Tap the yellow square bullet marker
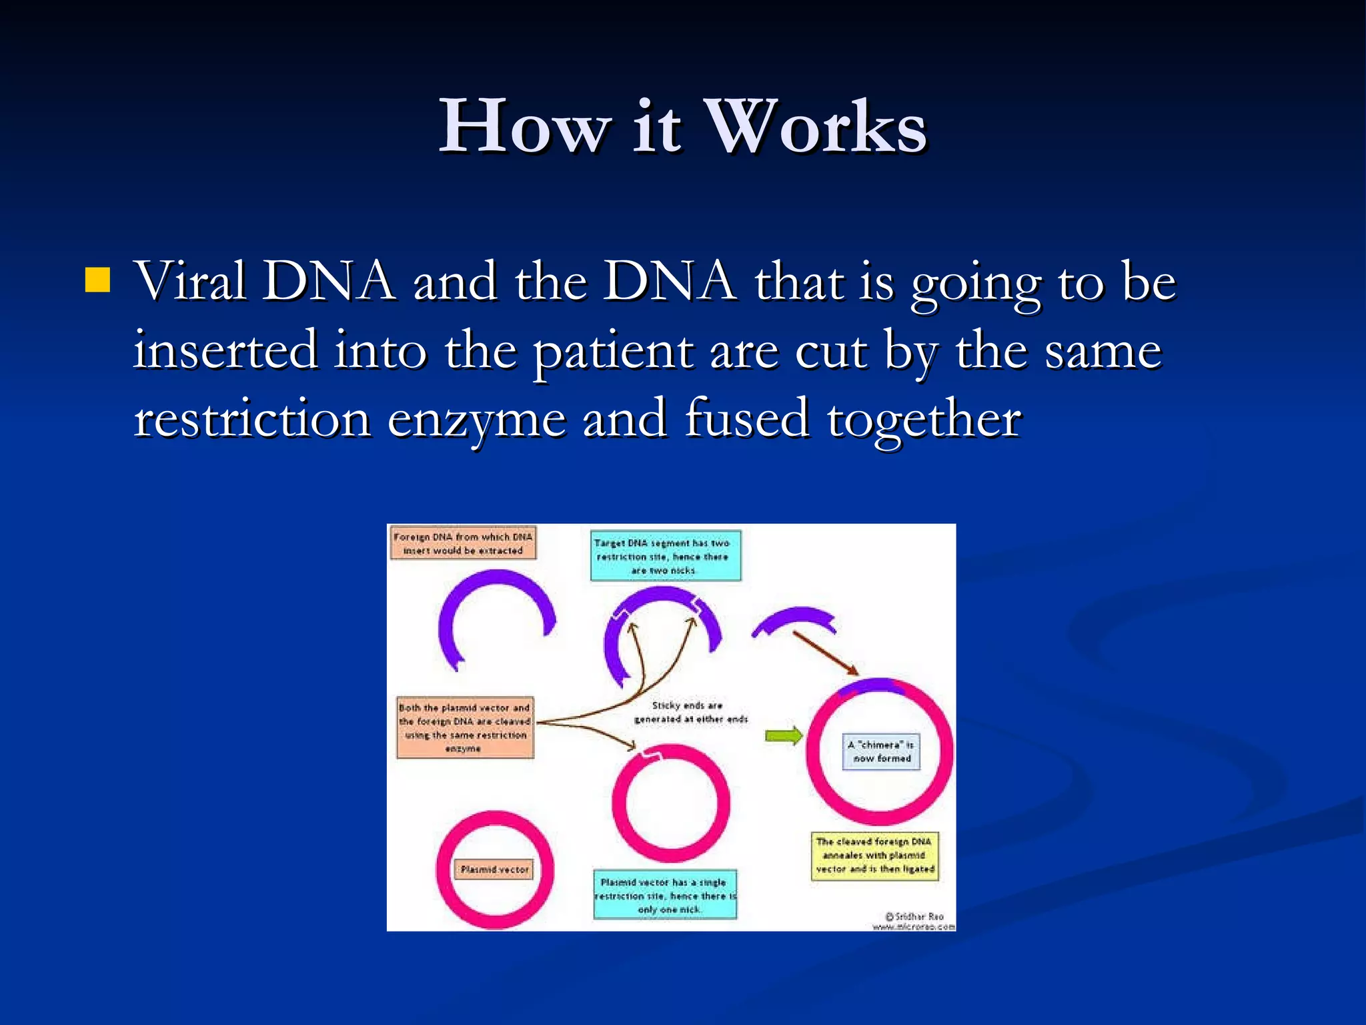97,281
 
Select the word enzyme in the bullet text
476,419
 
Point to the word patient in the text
613,351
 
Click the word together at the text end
924,419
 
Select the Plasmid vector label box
494,870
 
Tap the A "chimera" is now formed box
881,751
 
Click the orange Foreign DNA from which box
463,543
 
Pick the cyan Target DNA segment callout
665,556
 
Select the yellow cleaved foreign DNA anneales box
874,856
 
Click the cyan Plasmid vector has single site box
665,895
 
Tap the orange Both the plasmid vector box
464,727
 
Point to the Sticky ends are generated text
690,712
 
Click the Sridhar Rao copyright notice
914,920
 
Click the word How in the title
524,127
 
